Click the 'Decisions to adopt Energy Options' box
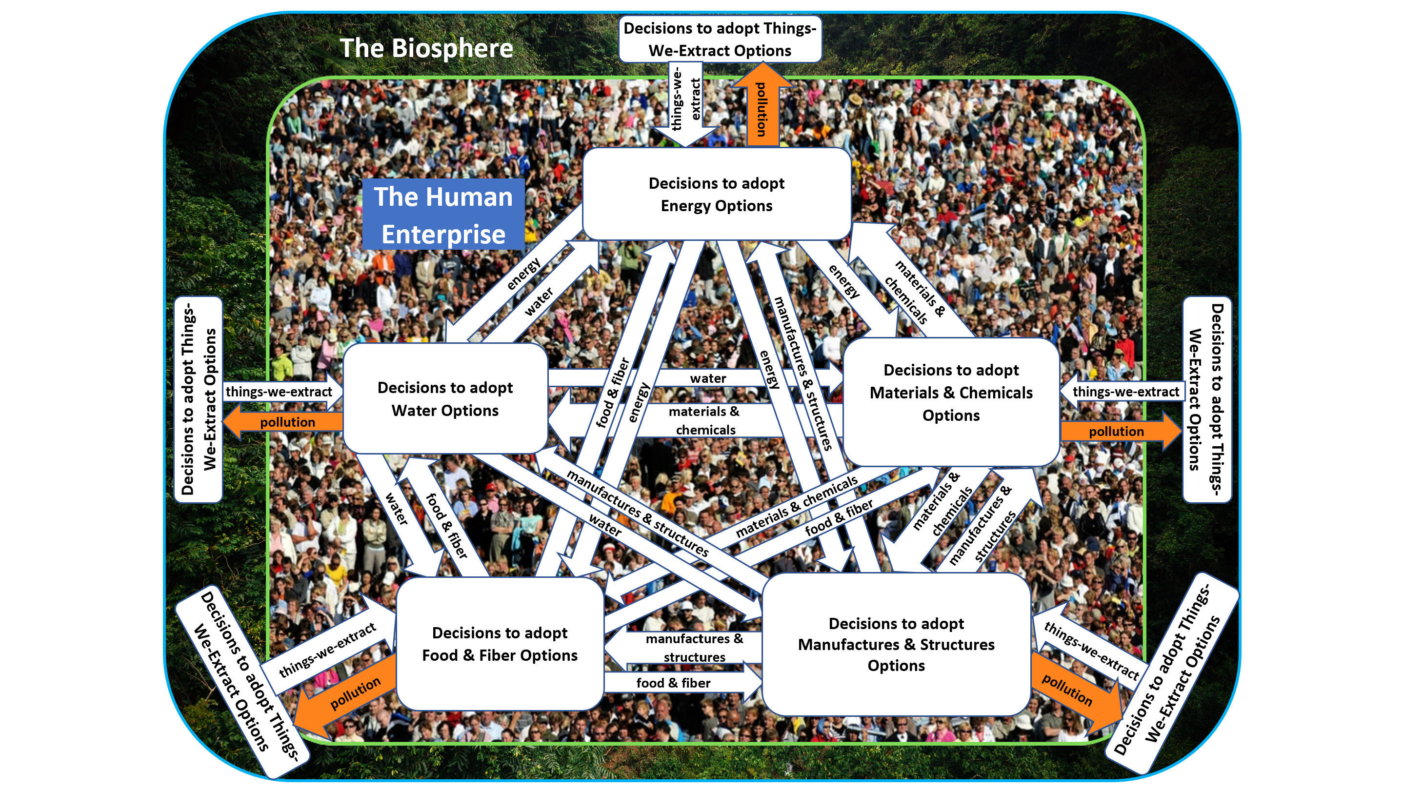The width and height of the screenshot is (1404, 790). tap(716, 194)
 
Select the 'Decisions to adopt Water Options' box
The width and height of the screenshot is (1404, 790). tap(445, 398)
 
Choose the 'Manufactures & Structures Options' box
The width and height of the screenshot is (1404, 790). tap(896, 644)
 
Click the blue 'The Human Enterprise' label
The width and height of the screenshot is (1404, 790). tap(443, 215)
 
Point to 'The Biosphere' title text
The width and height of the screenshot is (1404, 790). tap(426, 48)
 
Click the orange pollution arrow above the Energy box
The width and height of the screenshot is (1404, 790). tap(762, 106)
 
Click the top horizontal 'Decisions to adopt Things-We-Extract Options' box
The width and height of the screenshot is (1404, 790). tap(720, 39)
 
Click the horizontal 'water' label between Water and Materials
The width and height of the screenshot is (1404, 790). tap(707, 378)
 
